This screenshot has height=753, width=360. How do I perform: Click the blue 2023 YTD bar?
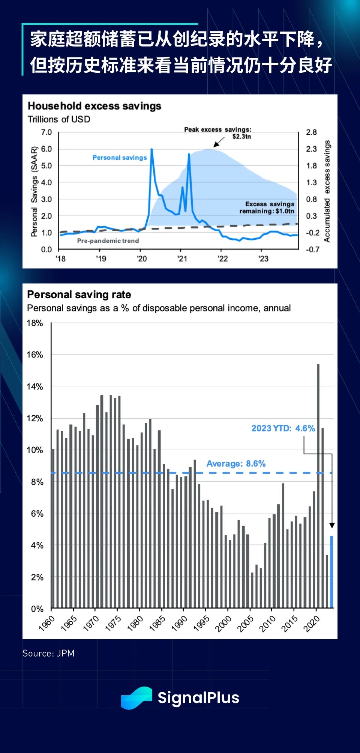coord(331,571)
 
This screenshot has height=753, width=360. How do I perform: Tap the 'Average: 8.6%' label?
coord(236,464)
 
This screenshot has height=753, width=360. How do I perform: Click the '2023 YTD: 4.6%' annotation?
coord(283,428)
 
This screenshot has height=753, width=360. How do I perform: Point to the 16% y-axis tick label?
coord(35,355)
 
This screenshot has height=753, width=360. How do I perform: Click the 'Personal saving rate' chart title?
coord(79,295)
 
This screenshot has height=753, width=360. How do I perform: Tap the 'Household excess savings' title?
coord(94,106)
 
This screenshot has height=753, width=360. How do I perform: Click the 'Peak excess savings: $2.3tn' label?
coord(218,133)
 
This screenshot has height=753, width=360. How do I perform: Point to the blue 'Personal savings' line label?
coord(120,158)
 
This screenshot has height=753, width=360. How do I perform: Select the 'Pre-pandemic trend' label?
coord(108,241)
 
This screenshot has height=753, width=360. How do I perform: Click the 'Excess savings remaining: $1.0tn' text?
coord(267,207)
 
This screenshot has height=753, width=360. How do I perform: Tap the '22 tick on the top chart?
coord(223,259)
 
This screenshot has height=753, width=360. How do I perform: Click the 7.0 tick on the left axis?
coord(46,132)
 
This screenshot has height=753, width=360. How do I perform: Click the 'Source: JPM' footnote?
coord(48,653)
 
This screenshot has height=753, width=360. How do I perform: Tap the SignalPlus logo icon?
coord(136,698)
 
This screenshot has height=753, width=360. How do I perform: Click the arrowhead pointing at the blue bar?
coord(332,526)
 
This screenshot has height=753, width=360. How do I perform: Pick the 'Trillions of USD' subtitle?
coord(59,119)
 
